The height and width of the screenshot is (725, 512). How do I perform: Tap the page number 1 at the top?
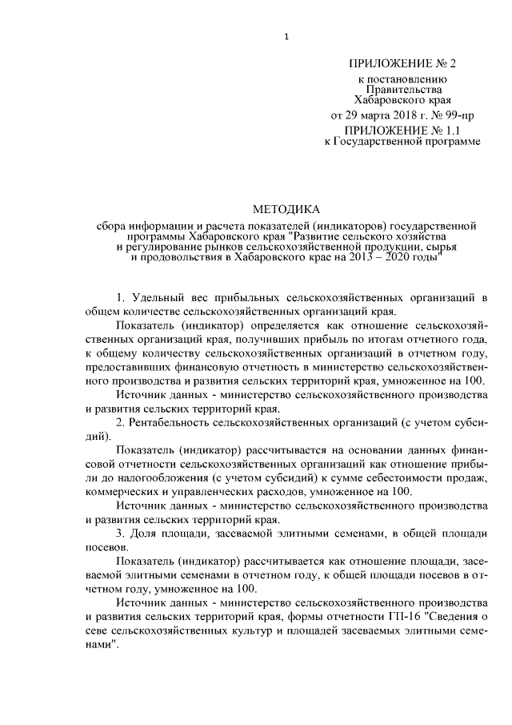click(286, 36)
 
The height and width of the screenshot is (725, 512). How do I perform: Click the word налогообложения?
click(153, 478)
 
